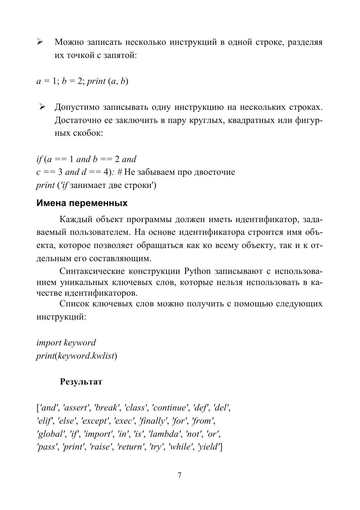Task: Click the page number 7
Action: pos(180,475)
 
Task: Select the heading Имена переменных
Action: pos(82,203)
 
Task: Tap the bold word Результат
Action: pos(81,382)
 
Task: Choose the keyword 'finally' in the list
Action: pos(153,421)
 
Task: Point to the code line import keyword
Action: pos(66,343)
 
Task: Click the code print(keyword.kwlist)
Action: pos(76,356)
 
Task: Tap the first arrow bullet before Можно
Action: pos(40,42)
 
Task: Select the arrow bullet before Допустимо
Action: pos(42,107)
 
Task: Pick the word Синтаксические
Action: pos(91,271)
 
